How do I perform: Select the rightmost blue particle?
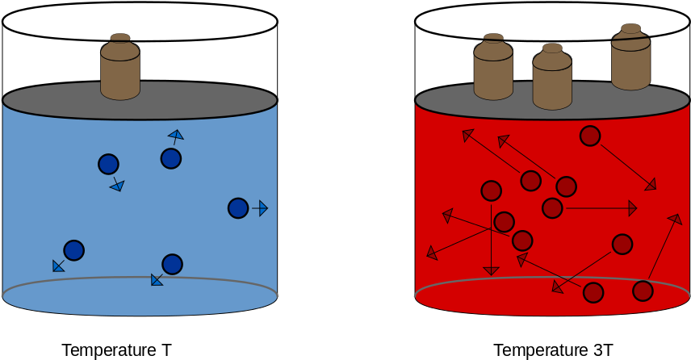click(238, 208)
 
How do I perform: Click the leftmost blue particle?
click(74, 250)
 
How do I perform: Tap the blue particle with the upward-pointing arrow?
click(171, 158)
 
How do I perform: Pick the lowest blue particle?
click(172, 264)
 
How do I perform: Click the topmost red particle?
click(590, 136)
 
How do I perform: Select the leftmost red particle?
click(492, 191)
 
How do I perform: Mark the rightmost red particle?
click(643, 291)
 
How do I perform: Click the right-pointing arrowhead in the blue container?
click(262, 208)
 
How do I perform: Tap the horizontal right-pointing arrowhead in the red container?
click(632, 208)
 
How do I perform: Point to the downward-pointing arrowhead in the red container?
click(491, 271)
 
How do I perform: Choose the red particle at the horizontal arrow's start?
click(552, 208)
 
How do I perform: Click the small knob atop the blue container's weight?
click(120, 37)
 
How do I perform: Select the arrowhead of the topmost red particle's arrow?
click(651, 185)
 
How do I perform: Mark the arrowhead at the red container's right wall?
click(676, 219)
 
